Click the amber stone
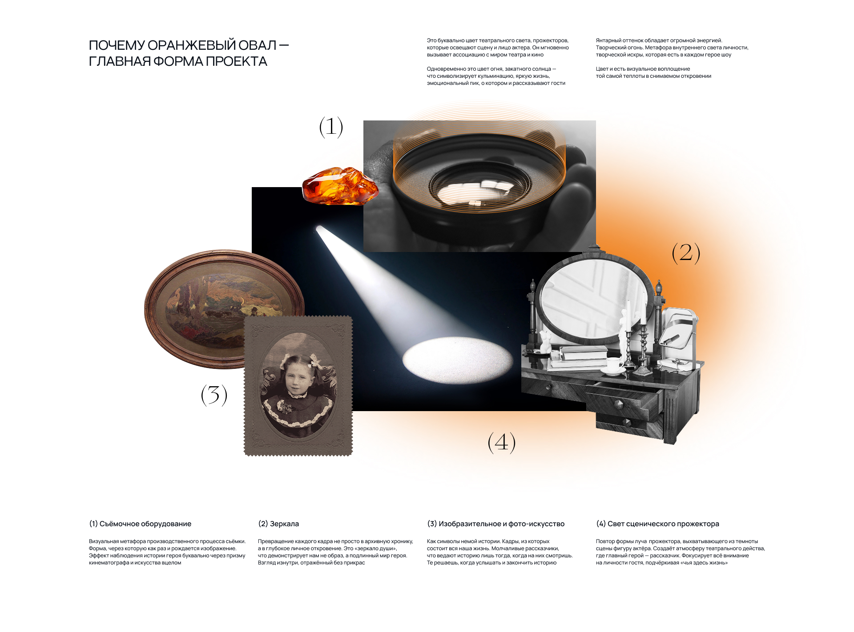tap(340, 186)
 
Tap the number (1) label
tap(331, 127)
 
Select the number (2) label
tap(686, 253)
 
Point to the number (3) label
tap(214, 395)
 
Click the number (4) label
tap(502, 443)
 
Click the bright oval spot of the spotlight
tap(458, 360)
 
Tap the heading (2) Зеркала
tap(278, 524)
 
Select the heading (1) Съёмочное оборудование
tap(140, 524)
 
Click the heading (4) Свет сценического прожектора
tap(657, 524)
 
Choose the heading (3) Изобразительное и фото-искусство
tap(495, 524)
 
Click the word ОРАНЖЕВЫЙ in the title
tap(190, 45)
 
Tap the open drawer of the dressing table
tap(623, 398)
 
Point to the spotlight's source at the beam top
tap(319, 229)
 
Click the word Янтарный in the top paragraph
tap(609, 40)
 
